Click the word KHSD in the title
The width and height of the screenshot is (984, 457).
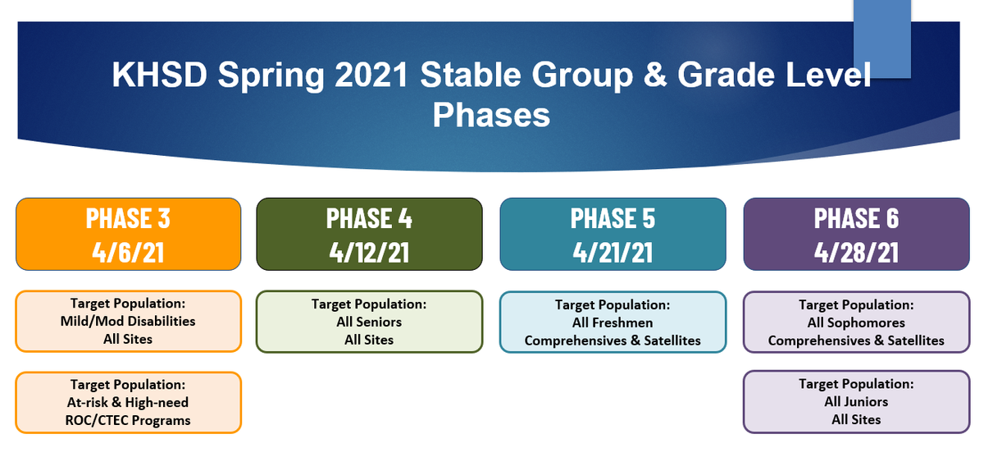point(159,75)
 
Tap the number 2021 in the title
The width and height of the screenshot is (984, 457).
point(371,75)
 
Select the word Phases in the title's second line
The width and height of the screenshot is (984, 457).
point(491,115)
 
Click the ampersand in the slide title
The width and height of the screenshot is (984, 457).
point(654,75)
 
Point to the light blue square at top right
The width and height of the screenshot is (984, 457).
point(882,39)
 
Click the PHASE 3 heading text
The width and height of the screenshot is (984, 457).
point(128,218)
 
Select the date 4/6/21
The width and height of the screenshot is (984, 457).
point(128,252)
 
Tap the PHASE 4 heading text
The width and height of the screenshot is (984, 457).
point(369,218)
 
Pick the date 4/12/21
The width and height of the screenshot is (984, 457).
point(369,252)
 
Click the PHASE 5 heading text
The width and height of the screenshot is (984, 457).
point(613,218)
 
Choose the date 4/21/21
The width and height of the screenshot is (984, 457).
point(613,252)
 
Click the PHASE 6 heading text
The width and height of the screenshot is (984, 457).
point(856,218)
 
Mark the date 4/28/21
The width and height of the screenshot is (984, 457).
point(856,252)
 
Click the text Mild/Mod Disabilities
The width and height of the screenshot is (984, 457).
point(128,322)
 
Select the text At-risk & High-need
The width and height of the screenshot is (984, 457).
point(128,402)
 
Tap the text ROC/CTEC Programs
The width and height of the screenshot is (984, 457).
point(128,421)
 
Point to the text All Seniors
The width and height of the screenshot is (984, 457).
point(369,322)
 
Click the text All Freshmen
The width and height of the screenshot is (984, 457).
point(613,323)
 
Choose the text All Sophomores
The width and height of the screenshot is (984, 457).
point(856,323)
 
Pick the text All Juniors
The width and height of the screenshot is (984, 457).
point(856,402)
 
